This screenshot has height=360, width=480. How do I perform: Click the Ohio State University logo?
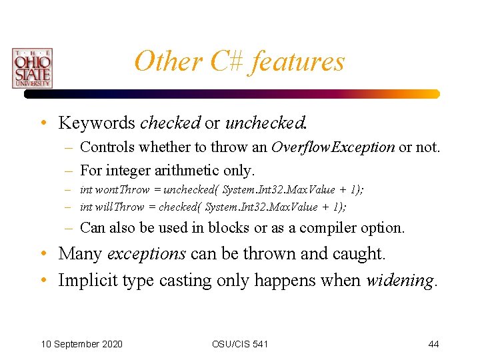tap(31, 68)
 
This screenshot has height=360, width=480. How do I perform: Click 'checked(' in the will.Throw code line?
tap(180, 207)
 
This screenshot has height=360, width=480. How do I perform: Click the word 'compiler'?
tap(329, 228)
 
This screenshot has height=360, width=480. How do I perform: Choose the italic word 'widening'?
tap(400, 281)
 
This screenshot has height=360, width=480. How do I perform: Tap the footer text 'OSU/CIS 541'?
tap(240, 344)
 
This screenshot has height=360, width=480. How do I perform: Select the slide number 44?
tap(433, 344)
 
